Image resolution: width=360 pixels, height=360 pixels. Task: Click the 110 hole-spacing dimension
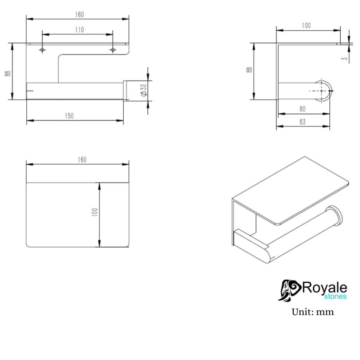pos(79,30)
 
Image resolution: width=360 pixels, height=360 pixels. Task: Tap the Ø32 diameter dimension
pos(144,91)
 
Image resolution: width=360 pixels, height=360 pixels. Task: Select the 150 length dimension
pos(69,116)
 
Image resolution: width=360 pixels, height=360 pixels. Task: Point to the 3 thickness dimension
pos(344,59)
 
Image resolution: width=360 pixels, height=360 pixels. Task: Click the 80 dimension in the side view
pos(303,109)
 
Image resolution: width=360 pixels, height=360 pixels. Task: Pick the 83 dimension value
pos(303,122)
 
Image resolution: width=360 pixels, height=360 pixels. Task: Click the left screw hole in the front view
pos(42,50)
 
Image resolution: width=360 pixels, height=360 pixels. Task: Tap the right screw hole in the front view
pos(113,50)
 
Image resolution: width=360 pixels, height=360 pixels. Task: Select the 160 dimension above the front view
pos(79,14)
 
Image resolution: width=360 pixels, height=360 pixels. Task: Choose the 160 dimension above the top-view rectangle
pos(82,159)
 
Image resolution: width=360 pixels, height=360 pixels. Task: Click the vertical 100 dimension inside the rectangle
pos(94,212)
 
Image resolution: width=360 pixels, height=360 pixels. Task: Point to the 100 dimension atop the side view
pos(306,26)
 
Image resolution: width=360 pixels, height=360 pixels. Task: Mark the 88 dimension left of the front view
pos(8,74)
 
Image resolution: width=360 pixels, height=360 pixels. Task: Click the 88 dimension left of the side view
pos(249,70)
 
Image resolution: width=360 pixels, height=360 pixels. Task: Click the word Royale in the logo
pos(325,288)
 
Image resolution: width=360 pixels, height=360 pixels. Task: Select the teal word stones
pos(335,297)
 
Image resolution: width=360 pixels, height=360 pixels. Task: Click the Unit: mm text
pos(313,312)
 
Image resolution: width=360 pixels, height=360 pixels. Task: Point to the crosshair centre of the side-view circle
pos(321,91)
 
